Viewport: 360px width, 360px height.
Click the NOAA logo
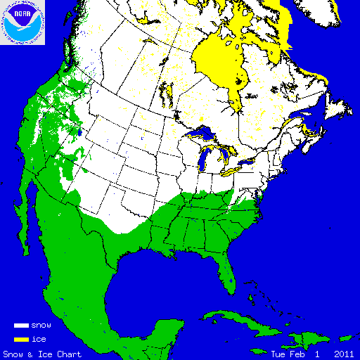(23, 22)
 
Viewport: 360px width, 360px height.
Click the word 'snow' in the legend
(41, 326)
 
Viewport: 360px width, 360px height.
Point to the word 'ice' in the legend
(38, 339)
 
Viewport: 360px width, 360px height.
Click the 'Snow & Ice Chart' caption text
(42, 354)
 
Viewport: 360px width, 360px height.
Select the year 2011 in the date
(344, 354)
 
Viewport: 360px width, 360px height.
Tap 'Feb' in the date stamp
(293, 354)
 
